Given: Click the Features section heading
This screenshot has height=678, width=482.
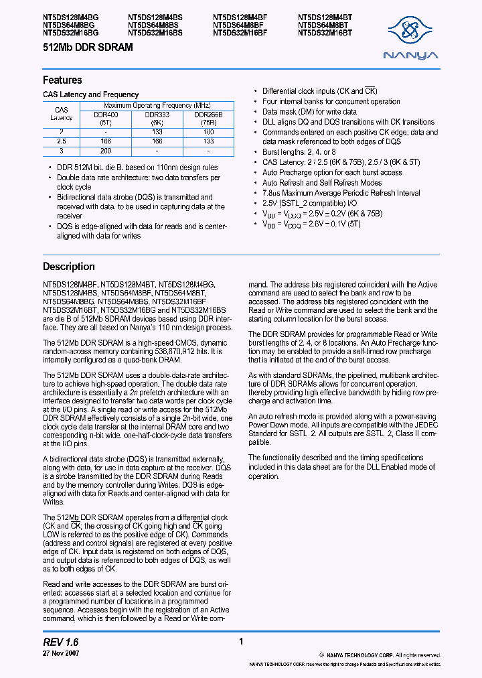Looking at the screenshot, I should pyautogui.click(x=62, y=80).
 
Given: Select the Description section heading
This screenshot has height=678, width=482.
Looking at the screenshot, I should pyautogui.click(x=68, y=267).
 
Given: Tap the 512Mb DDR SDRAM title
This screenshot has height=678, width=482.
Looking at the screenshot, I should pyautogui.click(x=88, y=48).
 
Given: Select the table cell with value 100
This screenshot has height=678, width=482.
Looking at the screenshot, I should pyautogui.click(x=208, y=132).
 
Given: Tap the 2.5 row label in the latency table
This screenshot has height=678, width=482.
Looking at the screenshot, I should pyautogui.click(x=61, y=142).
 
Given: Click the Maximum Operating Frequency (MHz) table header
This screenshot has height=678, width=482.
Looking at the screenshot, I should pyautogui.click(x=156, y=106).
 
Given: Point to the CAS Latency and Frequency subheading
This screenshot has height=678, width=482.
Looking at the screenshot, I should pyautogui.click(x=90, y=95).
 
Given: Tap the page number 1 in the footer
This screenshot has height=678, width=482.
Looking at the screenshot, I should pyautogui.click(x=240, y=642).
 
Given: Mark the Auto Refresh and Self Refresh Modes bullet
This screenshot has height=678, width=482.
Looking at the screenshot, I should pyautogui.click(x=322, y=182).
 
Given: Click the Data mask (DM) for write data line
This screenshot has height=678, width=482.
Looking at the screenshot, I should pyautogui.click(x=309, y=112).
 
